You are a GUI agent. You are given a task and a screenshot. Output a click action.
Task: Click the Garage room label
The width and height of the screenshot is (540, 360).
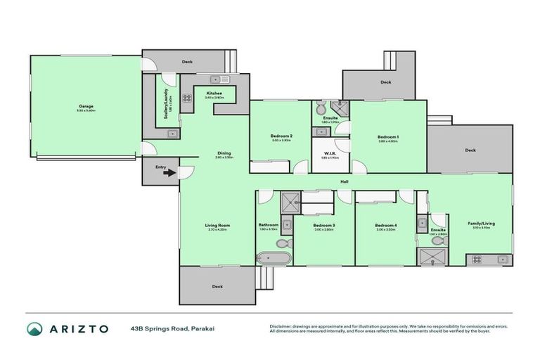coord(86,107)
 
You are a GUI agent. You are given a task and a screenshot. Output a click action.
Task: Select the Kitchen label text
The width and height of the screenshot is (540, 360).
coord(214,93)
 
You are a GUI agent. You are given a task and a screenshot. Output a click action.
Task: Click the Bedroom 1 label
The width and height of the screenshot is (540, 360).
coord(387,136)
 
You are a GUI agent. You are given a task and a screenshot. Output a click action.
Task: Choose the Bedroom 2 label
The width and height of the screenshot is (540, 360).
coord(281,136)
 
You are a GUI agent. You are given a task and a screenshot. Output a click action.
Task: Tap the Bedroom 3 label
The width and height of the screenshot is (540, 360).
coord(324,225)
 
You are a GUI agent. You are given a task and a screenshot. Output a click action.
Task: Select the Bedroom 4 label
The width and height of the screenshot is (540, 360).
coord(386,225)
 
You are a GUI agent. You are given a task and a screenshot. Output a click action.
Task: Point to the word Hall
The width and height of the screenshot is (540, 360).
coord(344,182)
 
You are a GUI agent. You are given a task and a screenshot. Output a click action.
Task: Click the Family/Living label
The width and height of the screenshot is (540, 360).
coord(482,224)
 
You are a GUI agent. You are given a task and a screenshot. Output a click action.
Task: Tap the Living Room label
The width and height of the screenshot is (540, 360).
coord(217,225)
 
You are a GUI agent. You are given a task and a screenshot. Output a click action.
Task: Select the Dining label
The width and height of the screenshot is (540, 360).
coord(224,153)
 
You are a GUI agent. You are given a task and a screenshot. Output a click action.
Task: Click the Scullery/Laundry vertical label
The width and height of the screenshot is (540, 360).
coord(166,104)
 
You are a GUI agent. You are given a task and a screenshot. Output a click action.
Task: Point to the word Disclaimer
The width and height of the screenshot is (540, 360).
coord(281,326)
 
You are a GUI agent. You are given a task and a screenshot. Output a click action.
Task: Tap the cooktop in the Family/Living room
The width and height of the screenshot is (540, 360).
coord(476,259)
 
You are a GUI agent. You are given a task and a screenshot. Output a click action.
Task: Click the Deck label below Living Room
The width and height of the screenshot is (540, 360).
coord(217,286)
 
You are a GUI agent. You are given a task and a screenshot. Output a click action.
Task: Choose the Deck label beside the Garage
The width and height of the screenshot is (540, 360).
coord(187,62)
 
